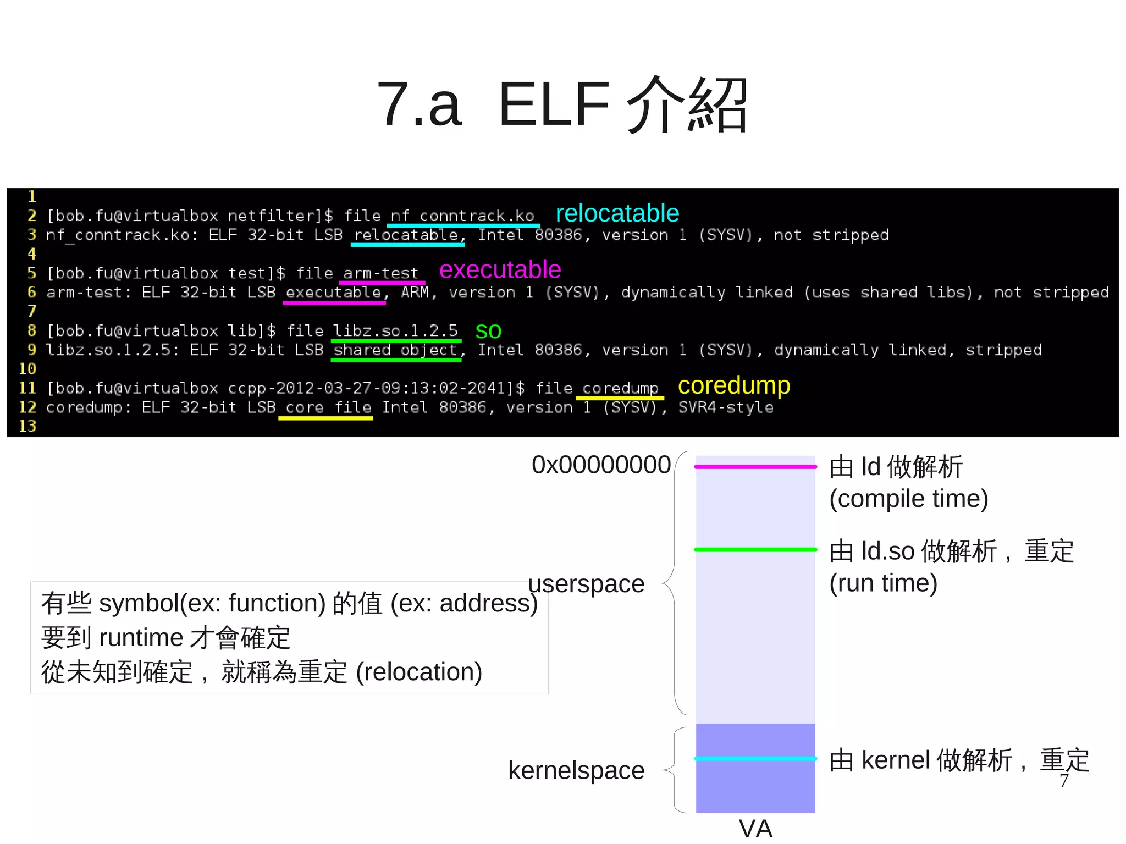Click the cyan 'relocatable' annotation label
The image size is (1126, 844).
pyautogui.click(x=617, y=213)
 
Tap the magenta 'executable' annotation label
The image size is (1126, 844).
pyautogui.click(x=500, y=270)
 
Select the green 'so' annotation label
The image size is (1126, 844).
pyautogui.click(x=488, y=331)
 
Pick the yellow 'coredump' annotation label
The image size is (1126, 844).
pyautogui.click(x=733, y=385)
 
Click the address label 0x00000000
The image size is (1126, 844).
pyautogui.click(x=601, y=465)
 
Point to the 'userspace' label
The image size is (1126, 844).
pyautogui.click(x=586, y=584)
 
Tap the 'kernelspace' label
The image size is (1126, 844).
pyautogui.click(x=576, y=770)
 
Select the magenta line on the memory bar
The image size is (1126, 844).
pyautogui.click(x=755, y=467)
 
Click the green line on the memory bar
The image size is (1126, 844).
pyautogui.click(x=755, y=549)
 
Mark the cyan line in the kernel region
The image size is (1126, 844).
pyautogui.click(x=755, y=759)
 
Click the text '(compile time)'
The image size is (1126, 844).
pyautogui.click(x=908, y=499)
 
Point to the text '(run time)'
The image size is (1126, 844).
pyautogui.click(x=883, y=583)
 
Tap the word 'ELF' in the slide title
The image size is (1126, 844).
pyautogui.click(x=554, y=104)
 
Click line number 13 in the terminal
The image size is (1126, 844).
pyautogui.click(x=27, y=426)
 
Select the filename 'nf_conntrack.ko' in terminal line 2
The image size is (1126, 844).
pyautogui.click(x=462, y=216)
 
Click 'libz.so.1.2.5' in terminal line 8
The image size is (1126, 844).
pyautogui.click(x=395, y=330)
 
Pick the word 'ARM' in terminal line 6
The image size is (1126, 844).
pyautogui.click(x=415, y=292)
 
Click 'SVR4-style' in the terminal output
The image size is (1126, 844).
pyautogui.click(x=725, y=407)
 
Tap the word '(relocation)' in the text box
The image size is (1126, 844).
pyautogui.click(x=419, y=672)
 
